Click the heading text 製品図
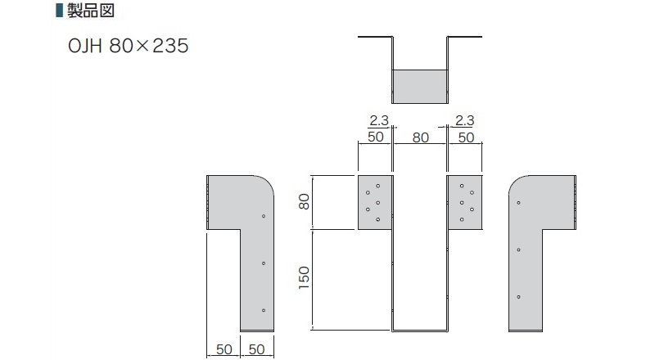(91, 10)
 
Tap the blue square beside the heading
(59, 10)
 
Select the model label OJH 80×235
(129, 46)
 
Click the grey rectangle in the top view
(420, 87)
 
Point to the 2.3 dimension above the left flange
(379, 120)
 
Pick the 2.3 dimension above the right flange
(464, 120)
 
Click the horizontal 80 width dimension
(421, 137)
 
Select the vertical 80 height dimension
(305, 202)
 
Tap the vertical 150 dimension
(304, 278)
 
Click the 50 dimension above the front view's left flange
(376, 137)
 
